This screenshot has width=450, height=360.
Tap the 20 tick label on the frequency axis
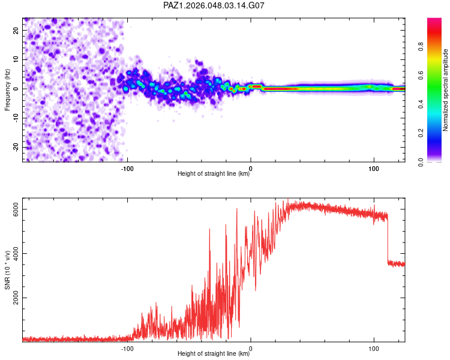(x=16, y=30)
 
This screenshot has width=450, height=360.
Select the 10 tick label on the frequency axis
(x=16, y=59)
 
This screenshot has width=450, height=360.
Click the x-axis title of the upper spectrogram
(x=214, y=174)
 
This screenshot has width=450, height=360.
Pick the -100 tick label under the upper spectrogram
(x=127, y=169)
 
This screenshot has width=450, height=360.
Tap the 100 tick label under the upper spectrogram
(x=374, y=169)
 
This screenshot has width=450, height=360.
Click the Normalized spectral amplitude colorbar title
(x=445, y=90)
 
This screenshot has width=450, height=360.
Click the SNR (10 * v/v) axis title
(x=7, y=270)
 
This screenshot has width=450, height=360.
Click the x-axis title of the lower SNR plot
(x=214, y=354)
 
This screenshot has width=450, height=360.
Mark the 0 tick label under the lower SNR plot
(x=251, y=349)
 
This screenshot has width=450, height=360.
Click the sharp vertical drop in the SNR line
(x=388, y=240)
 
